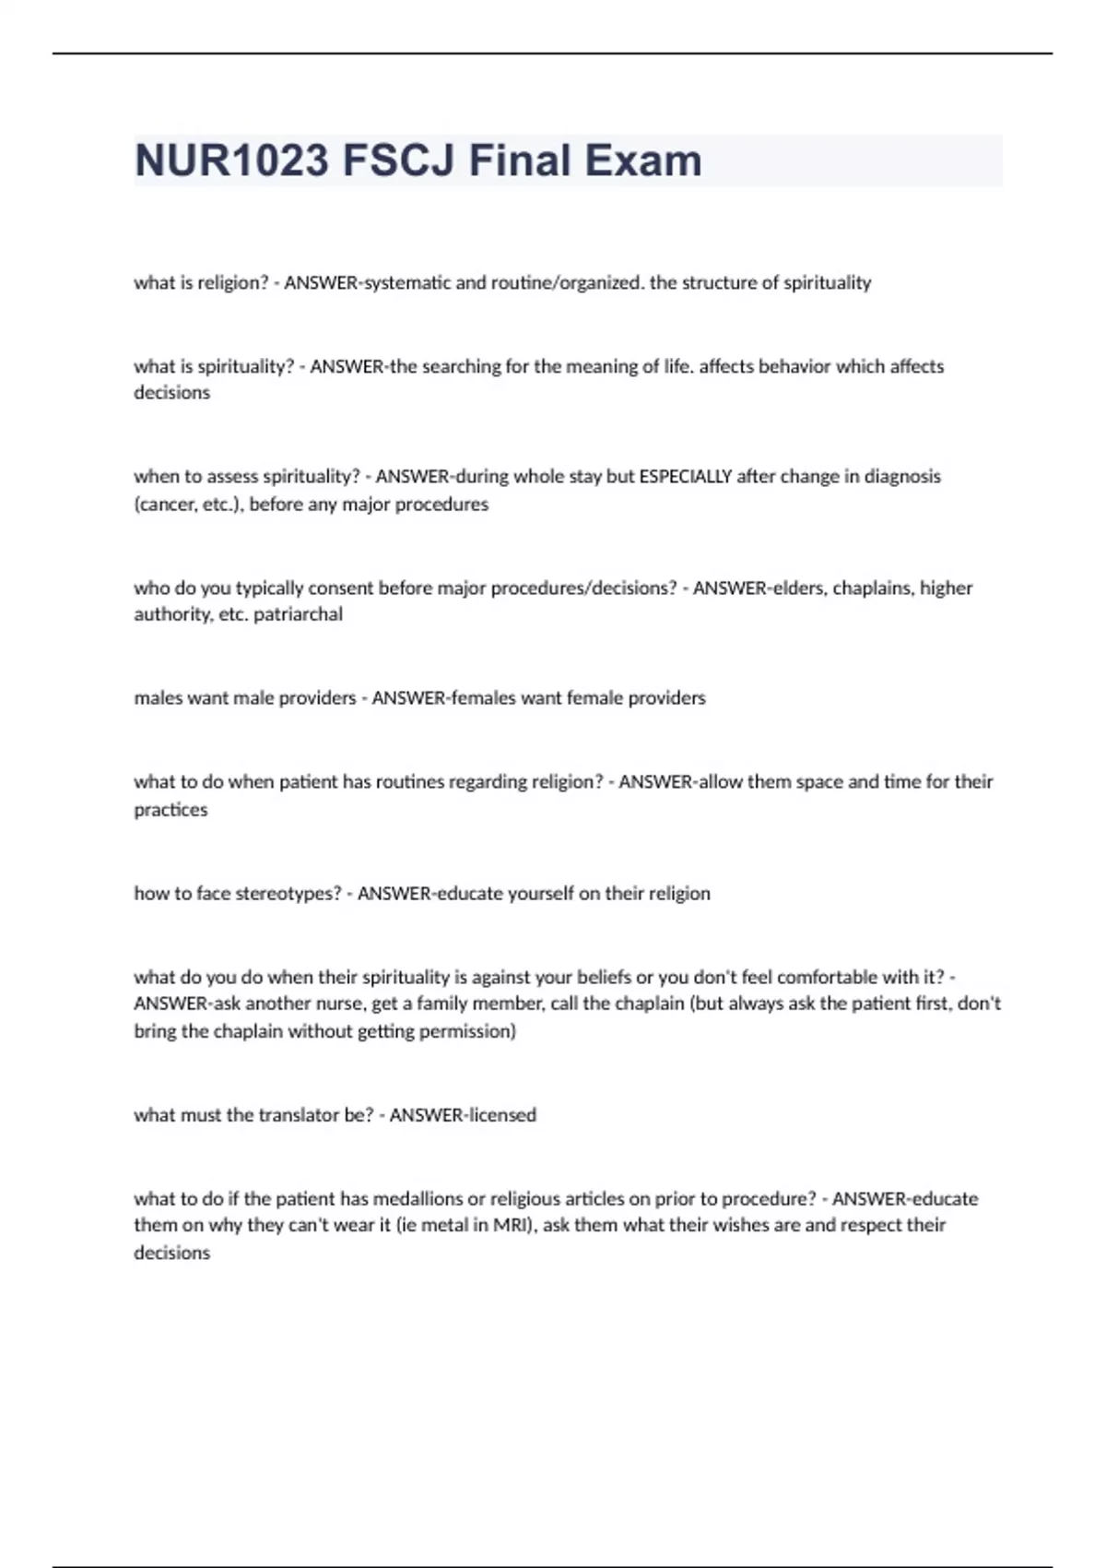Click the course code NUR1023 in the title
point(231,160)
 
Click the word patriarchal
point(298,614)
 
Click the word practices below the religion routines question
point(171,810)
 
